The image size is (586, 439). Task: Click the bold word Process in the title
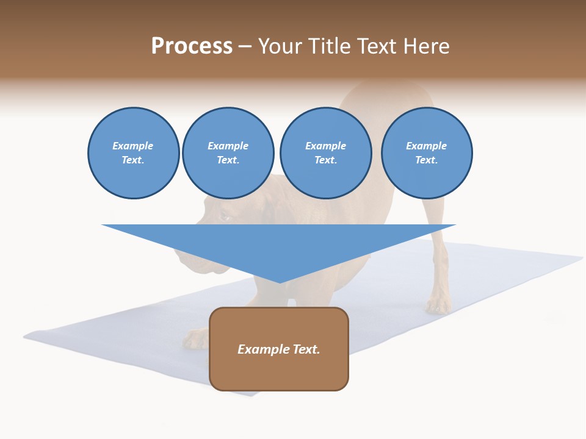tap(192, 46)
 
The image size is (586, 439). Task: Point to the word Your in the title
tap(281, 46)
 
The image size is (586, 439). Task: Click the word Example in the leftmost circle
tap(132, 146)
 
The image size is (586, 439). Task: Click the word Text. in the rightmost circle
tap(426, 160)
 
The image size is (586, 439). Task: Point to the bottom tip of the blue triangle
tap(280, 282)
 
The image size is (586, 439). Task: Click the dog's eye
tap(224, 216)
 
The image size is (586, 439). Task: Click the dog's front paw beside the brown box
tap(197, 339)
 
